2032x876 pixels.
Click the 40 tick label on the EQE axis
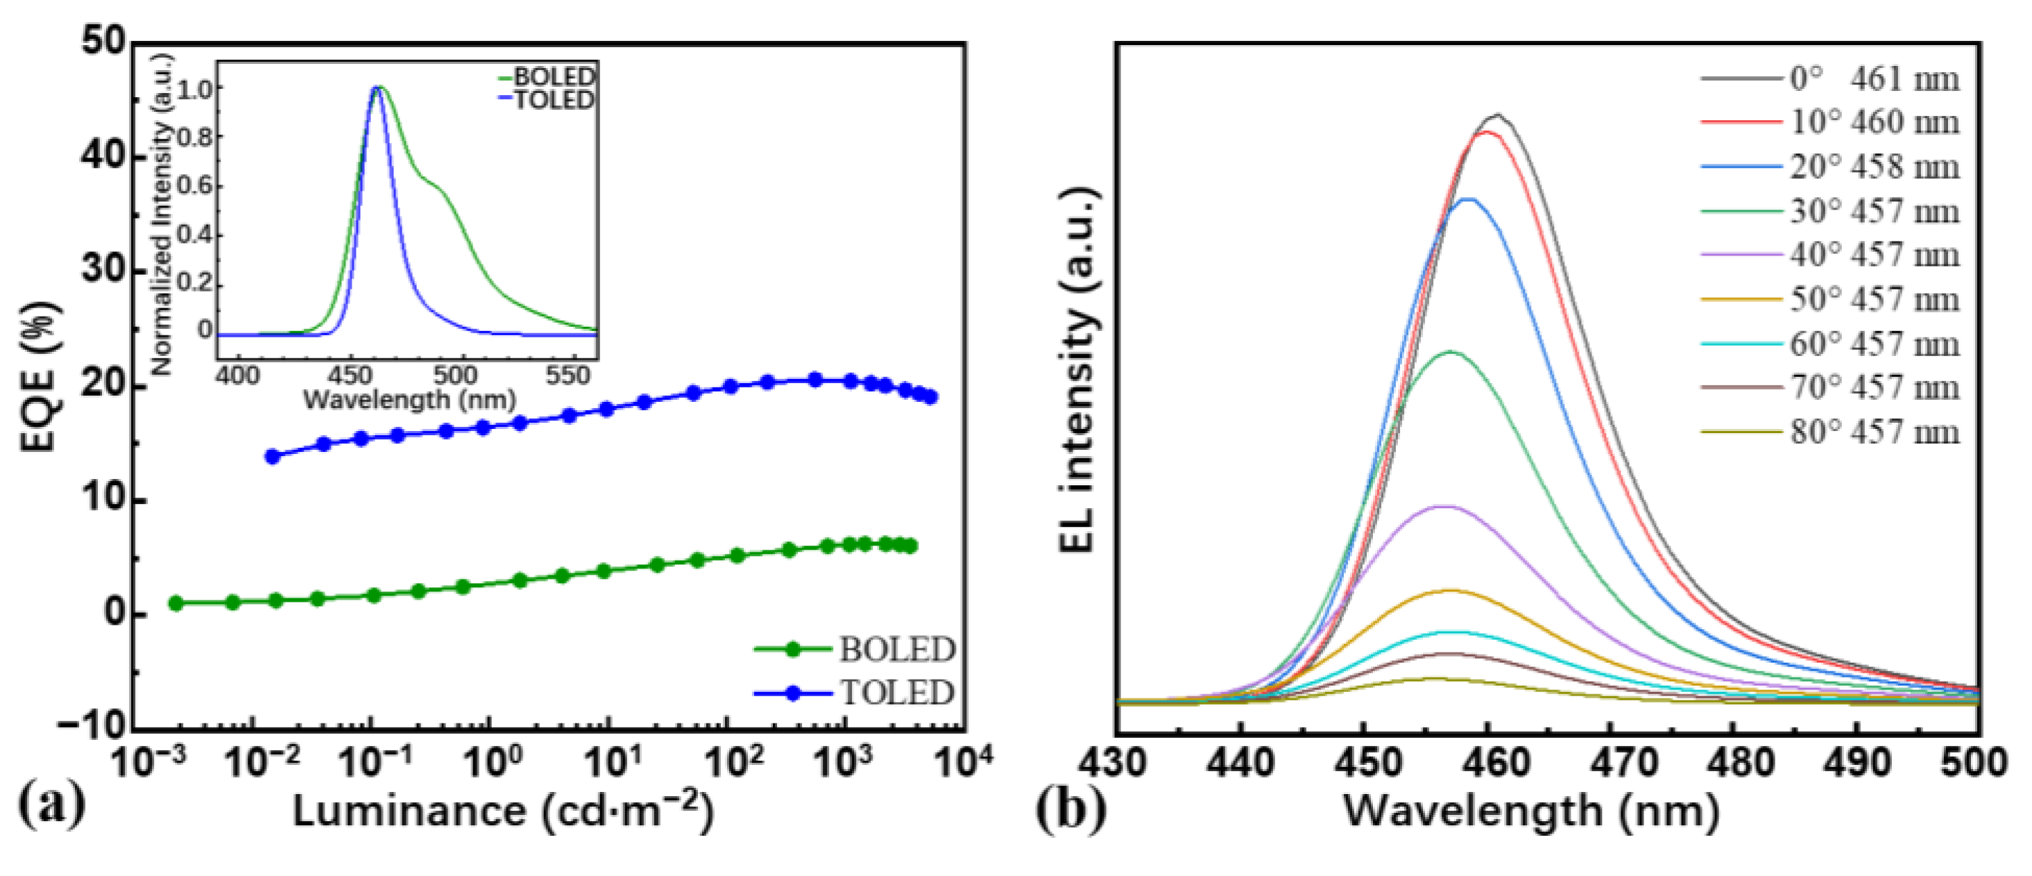[x=103, y=155]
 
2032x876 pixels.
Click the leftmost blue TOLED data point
[x=273, y=456]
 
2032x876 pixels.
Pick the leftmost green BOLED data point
[x=176, y=603]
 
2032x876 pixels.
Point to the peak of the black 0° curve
[x=1496, y=115]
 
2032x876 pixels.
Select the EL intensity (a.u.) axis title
[x=1078, y=371]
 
